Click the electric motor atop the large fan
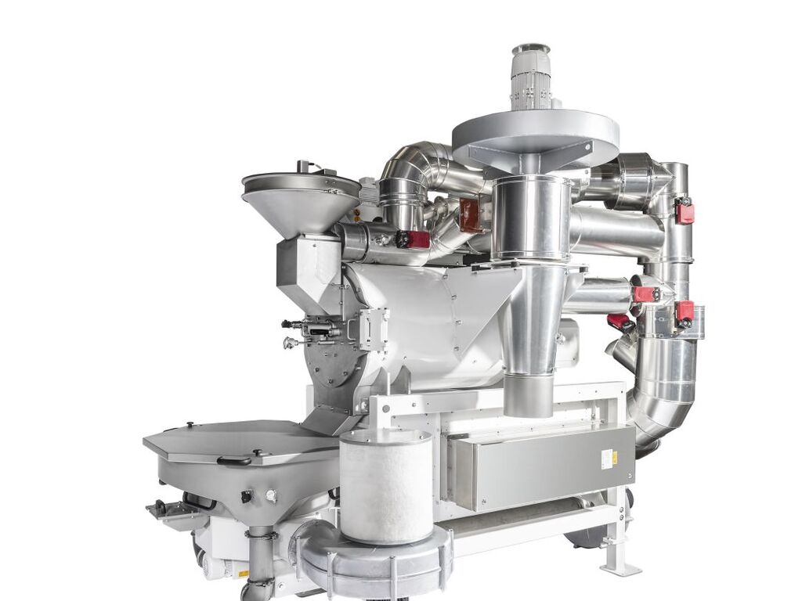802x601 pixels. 531,76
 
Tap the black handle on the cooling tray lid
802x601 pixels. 234,462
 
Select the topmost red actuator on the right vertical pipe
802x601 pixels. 685,211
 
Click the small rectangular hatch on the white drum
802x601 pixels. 373,329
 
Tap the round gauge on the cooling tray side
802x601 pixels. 271,495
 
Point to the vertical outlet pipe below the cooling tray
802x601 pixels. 260,559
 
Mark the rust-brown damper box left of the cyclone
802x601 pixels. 471,215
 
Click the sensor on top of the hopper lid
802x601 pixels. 304,166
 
